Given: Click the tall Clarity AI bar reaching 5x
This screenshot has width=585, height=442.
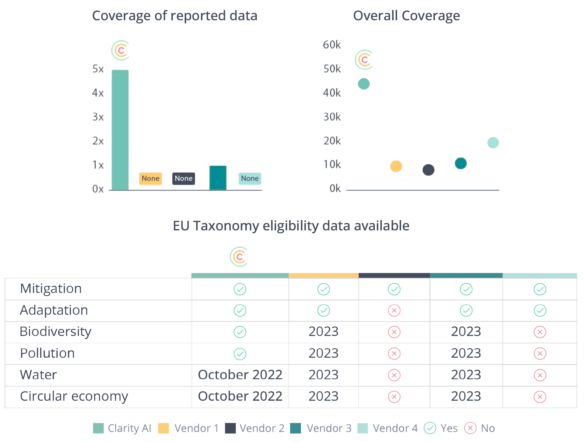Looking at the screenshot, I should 120,129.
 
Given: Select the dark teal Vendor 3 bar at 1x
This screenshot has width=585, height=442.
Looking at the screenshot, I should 218,177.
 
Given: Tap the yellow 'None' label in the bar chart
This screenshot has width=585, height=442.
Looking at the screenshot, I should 150,179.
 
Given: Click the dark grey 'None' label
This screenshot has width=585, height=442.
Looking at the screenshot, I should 184,179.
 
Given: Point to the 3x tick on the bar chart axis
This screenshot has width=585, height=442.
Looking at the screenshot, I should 98,117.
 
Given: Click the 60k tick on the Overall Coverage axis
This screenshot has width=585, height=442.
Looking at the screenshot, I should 332,45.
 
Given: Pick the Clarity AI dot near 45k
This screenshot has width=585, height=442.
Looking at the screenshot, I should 364,84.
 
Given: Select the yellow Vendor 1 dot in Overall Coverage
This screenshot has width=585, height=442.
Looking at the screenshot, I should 396,166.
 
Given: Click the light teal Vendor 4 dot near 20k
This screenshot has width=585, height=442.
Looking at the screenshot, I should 493,143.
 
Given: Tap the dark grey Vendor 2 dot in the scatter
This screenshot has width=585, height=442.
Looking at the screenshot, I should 428,170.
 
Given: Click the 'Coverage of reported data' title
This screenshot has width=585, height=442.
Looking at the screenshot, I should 175,16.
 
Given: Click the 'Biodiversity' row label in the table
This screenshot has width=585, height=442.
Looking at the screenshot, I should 56,332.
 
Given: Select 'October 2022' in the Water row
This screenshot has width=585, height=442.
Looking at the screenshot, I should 240,375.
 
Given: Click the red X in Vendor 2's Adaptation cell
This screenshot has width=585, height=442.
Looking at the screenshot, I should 394,310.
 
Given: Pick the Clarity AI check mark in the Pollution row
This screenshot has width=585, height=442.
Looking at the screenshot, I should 240,354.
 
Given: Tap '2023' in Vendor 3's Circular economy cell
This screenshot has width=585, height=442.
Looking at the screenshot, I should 466,396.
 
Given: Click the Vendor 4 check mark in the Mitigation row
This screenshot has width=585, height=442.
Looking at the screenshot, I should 540,289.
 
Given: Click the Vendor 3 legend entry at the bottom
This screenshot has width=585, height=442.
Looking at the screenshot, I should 320,428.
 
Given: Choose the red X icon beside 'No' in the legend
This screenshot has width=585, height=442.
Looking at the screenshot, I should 470,428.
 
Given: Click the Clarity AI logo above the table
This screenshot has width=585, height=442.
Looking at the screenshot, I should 239,257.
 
